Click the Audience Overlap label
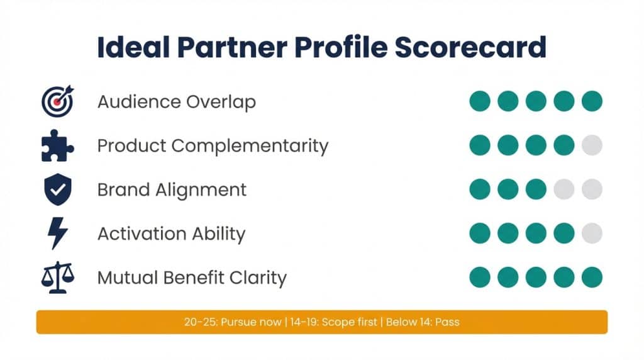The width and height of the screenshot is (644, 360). pyautogui.click(x=176, y=102)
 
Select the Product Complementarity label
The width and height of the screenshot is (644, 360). pyautogui.click(x=213, y=146)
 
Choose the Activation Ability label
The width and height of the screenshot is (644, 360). pyautogui.click(x=171, y=234)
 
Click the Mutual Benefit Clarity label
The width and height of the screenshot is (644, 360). pyautogui.click(x=192, y=278)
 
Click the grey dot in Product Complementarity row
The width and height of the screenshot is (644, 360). pyautogui.click(x=592, y=145)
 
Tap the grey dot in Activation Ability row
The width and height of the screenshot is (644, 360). pyautogui.click(x=592, y=233)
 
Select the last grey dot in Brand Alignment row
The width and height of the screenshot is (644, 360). pyautogui.click(x=592, y=189)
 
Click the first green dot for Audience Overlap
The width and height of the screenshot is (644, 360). pyautogui.click(x=480, y=101)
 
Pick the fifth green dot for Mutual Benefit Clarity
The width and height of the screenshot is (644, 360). pyautogui.click(x=592, y=277)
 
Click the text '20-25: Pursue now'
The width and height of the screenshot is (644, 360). pyautogui.click(x=233, y=322)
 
